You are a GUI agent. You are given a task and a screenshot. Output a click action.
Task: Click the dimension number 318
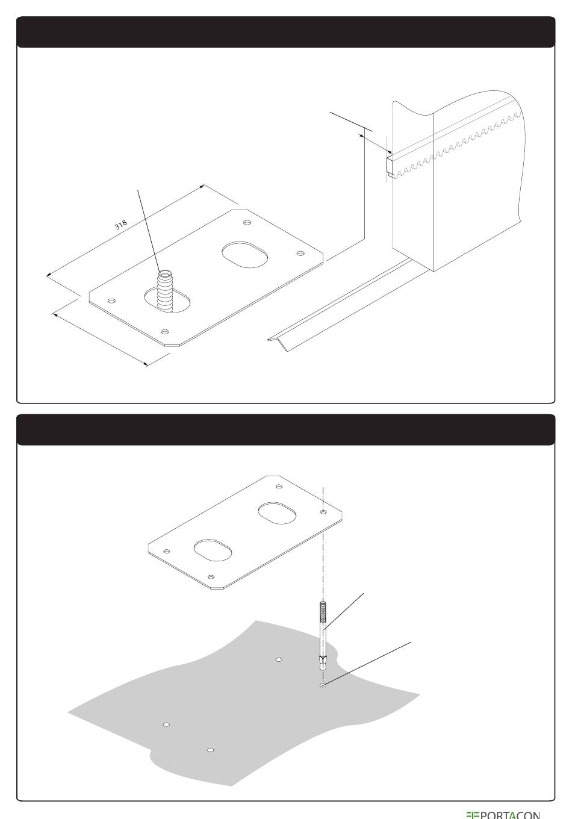point(121,224)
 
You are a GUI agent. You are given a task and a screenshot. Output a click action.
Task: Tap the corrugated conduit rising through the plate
point(165,291)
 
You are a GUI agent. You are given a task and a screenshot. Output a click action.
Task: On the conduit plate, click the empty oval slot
point(244,255)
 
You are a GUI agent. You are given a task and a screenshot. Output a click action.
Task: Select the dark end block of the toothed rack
point(390,166)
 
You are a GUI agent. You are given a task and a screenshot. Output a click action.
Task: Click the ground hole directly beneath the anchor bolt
point(323,685)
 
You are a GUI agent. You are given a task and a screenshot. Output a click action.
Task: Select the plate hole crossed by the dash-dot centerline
point(323,511)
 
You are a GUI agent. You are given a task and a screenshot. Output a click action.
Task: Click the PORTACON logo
point(503,815)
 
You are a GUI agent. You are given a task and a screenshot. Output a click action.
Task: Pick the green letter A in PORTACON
point(514,815)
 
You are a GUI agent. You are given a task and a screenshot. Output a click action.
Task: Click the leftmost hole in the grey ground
point(166,724)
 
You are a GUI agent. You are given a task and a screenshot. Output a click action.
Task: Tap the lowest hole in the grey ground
point(211,750)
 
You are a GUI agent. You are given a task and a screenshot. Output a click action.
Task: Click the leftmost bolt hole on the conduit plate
point(112,301)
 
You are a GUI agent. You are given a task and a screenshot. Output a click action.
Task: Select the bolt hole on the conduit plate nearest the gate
point(300,253)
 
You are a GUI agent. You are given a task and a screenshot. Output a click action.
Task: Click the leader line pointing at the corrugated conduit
point(148,230)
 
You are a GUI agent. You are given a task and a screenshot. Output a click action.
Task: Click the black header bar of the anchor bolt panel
point(286,429)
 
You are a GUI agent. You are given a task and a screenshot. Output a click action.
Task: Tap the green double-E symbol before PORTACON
point(472,815)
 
